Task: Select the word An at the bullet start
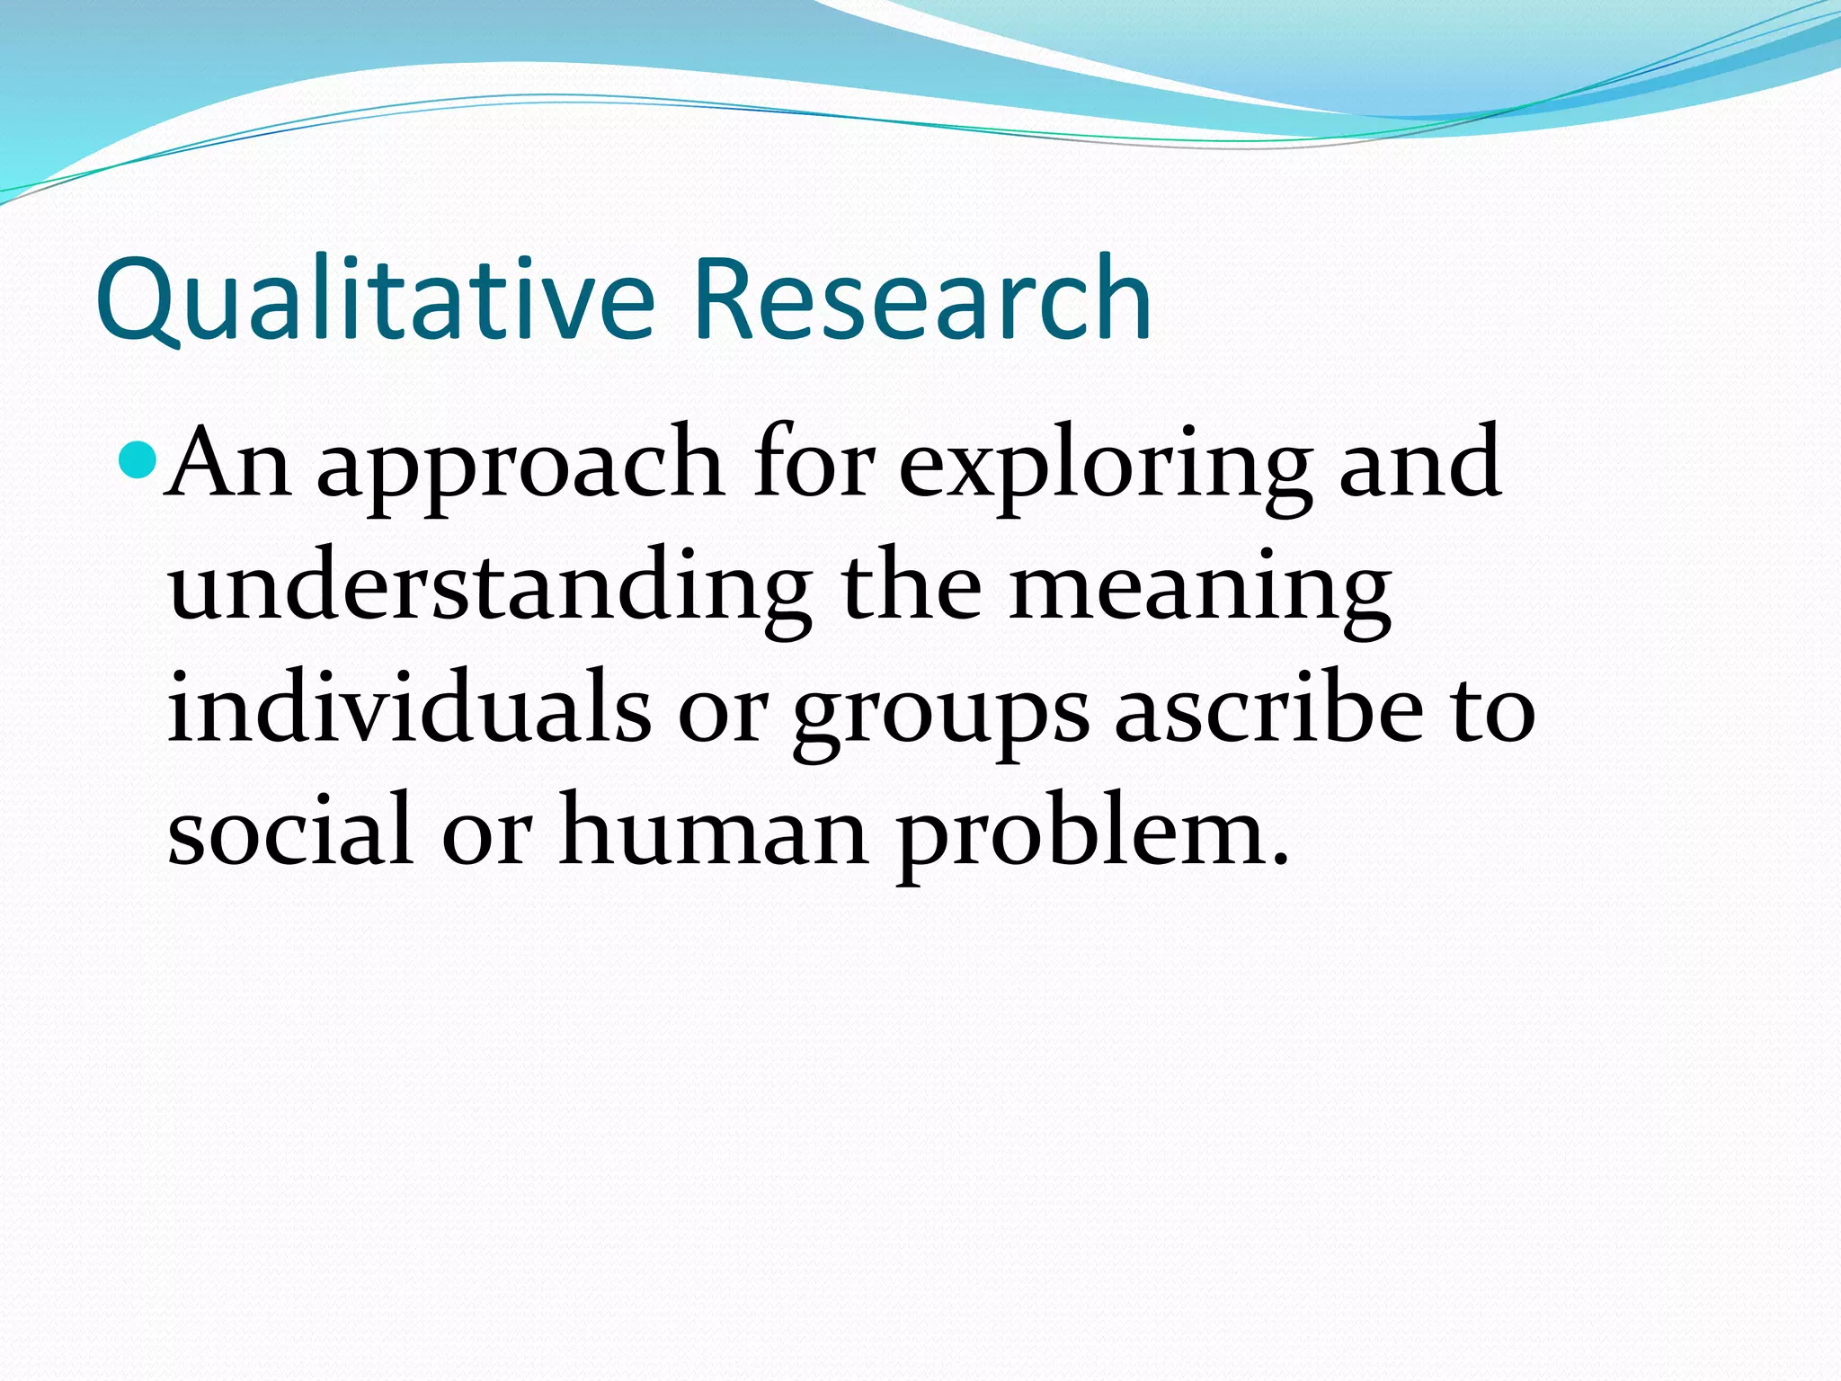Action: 230,463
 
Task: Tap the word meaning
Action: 1200,593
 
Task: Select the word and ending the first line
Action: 1420,463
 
